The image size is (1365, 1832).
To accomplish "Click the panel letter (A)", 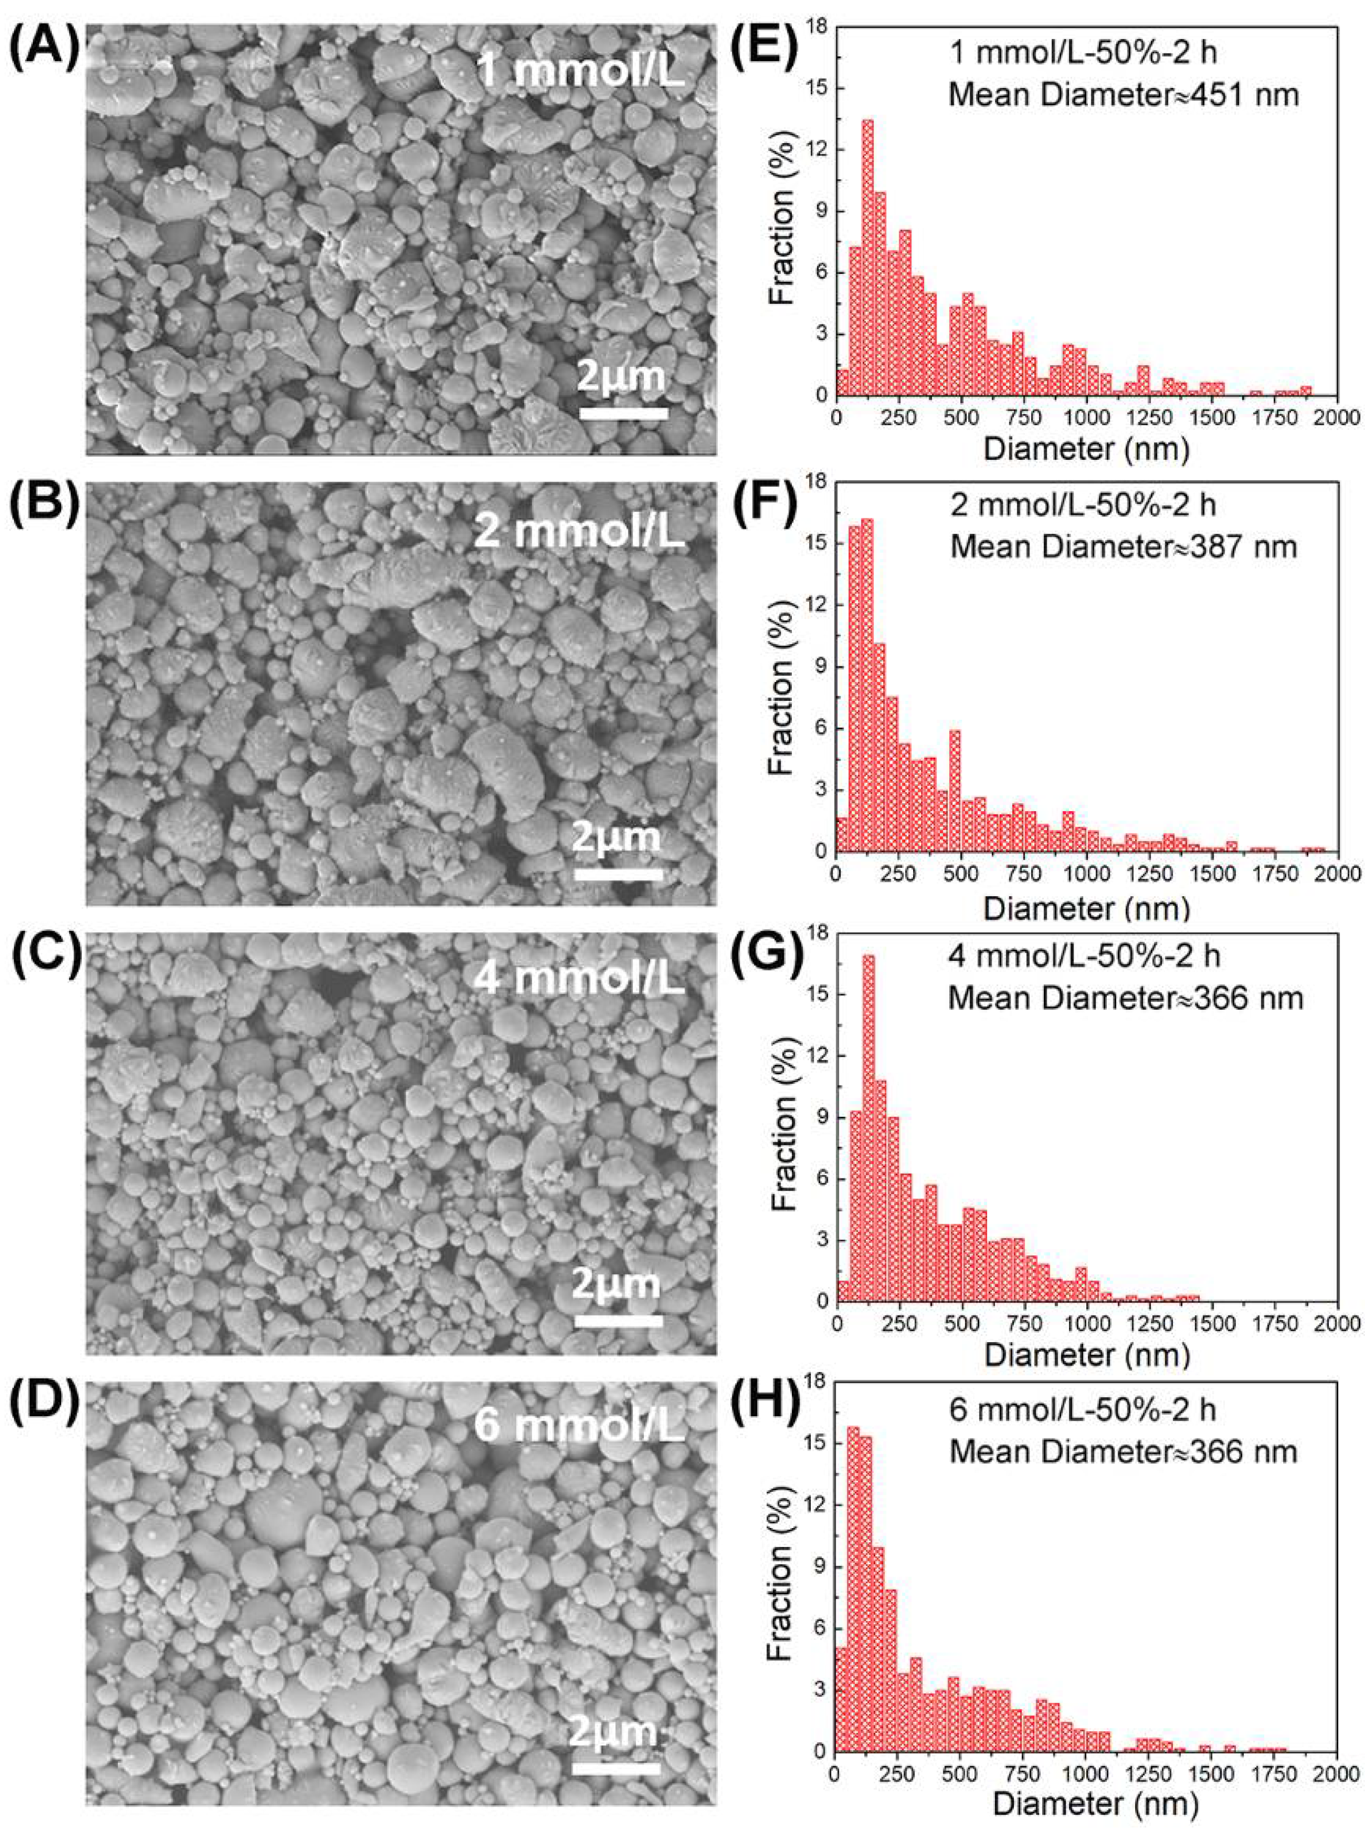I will (43, 51).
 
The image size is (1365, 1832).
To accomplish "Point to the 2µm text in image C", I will (617, 1284).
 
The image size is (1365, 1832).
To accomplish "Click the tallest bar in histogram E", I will (868, 256).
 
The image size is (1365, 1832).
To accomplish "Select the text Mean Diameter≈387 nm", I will (1123, 546).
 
